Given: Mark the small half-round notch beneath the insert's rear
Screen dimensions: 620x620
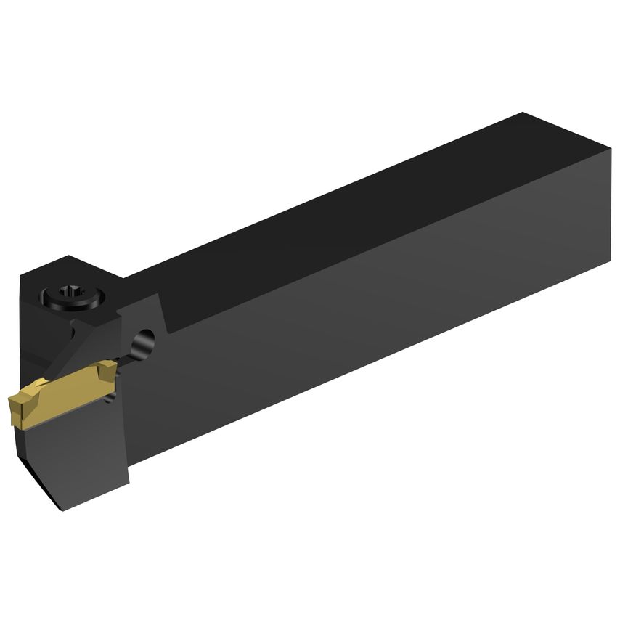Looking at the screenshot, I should pos(109,396).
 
